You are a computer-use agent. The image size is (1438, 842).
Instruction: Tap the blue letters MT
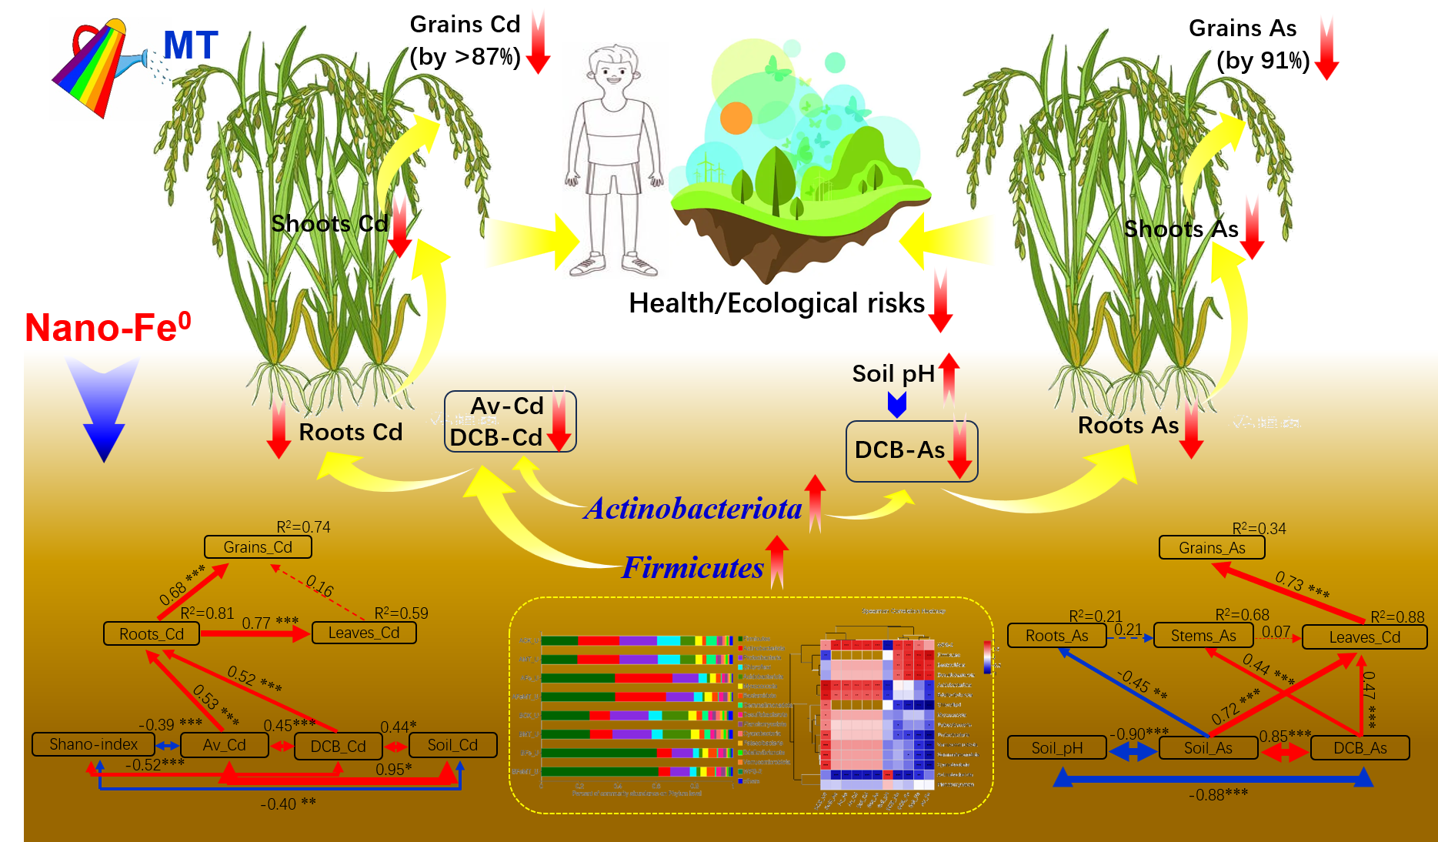point(191,45)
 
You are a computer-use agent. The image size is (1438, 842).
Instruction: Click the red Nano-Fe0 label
point(108,328)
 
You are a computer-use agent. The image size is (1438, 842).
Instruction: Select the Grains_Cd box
point(258,547)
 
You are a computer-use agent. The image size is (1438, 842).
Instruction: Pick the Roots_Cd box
point(152,634)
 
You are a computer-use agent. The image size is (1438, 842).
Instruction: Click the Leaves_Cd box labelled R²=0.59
point(364,633)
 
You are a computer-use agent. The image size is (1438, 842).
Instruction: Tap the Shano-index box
point(93,744)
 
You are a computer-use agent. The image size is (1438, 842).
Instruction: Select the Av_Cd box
point(225,745)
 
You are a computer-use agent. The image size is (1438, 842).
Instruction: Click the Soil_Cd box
point(452,745)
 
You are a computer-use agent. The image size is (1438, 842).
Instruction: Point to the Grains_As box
point(1212,548)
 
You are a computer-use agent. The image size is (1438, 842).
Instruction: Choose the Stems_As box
point(1203,636)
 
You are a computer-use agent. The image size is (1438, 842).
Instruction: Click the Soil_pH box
point(1057,748)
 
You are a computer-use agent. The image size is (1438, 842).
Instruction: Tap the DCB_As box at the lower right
point(1360,748)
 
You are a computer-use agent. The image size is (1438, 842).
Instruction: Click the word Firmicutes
point(692,568)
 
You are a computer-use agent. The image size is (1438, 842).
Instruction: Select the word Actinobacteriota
point(692,509)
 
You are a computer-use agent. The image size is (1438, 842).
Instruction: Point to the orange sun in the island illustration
point(736,118)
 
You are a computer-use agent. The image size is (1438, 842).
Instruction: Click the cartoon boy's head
point(614,70)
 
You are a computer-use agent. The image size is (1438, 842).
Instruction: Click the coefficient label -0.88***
point(1218,794)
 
